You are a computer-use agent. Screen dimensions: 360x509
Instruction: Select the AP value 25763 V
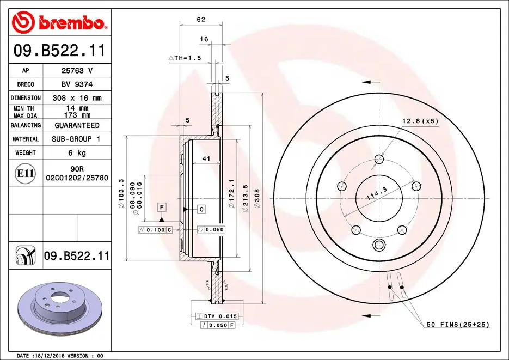(76, 70)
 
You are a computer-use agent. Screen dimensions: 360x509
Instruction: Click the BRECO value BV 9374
(76, 84)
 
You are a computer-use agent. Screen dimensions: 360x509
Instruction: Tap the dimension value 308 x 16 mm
(76, 98)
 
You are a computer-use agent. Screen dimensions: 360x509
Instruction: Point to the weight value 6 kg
(76, 153)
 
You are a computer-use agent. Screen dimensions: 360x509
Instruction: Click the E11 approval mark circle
(26, 174)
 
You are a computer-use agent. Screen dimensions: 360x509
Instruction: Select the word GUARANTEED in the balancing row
(76, 125)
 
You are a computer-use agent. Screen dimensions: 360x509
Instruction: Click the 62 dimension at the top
(201, 20)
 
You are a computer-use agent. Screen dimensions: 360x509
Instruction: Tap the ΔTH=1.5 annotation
(185, 58)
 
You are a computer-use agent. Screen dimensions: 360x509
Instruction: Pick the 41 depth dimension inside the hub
(206, 159)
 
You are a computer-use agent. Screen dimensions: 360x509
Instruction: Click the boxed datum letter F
(162, 206)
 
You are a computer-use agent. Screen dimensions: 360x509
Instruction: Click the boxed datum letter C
(201, 209)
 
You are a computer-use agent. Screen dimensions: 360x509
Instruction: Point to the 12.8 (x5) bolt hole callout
(420, 120)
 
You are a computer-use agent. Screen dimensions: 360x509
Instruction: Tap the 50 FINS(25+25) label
(457, 325)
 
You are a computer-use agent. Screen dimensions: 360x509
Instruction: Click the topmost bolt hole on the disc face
(379, 160)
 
